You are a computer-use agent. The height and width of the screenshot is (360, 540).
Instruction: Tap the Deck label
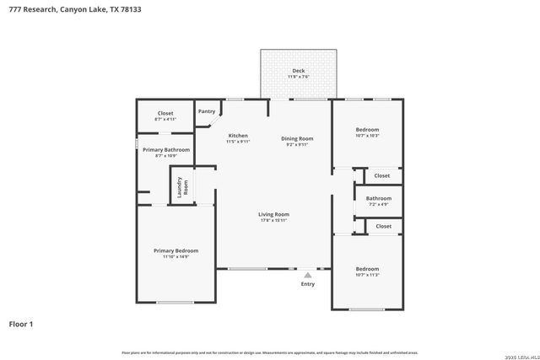point(298,70)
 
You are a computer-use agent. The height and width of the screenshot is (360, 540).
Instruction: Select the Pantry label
point(207,111)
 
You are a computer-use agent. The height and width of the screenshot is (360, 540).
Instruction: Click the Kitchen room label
point(238,136)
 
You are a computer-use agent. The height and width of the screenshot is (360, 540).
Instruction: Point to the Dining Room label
point(297,138)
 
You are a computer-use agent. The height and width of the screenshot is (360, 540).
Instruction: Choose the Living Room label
point(273,214)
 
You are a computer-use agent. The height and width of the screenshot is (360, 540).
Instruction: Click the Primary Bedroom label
point(175,250)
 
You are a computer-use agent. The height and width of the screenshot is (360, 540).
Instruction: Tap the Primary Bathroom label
point(165,149)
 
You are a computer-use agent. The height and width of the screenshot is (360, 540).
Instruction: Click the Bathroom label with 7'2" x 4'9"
point(378,198)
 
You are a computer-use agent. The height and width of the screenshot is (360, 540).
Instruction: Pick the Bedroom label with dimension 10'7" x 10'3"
point(367,129)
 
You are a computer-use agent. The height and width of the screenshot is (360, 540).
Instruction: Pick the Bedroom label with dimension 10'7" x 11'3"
point(367,269)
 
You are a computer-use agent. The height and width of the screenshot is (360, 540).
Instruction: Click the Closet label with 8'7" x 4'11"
point(165,113)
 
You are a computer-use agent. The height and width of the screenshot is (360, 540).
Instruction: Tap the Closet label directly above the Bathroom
point(382,175)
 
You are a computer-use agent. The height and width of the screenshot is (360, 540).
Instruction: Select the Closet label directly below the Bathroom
point(383,226)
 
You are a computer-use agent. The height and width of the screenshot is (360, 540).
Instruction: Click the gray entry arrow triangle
point(308,273)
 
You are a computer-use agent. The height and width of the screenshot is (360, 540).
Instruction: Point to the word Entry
point(308,284)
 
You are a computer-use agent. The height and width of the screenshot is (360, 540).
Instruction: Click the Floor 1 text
point(21,324)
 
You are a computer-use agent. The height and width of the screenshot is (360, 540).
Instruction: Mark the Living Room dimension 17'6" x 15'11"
point(273,221)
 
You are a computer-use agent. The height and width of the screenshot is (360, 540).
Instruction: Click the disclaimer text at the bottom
point(270,352)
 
